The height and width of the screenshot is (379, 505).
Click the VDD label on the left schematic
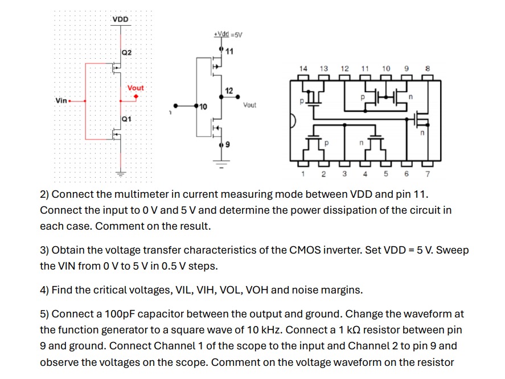[x=120, y=19]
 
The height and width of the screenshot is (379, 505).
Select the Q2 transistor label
[x=126, y=52]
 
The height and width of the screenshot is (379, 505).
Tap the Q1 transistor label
[x=126, y=119]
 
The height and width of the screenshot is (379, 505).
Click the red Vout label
[x=136, y=88]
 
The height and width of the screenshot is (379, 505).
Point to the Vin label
[x=61, y=100]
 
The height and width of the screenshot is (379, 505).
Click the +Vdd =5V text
[x=228, y=34]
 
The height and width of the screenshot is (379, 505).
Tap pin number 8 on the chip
[x=426, y=68]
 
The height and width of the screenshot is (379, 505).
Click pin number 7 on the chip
[x=427, y=173]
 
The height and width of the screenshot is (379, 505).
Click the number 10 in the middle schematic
[x=203, y=107]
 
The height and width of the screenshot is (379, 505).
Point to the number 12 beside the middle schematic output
[x=229, y=91]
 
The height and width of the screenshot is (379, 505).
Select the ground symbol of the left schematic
[x=121, y=172]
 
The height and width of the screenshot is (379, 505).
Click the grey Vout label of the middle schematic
[x=249, y=105]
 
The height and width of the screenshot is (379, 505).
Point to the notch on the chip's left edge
[x=293, y=121]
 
